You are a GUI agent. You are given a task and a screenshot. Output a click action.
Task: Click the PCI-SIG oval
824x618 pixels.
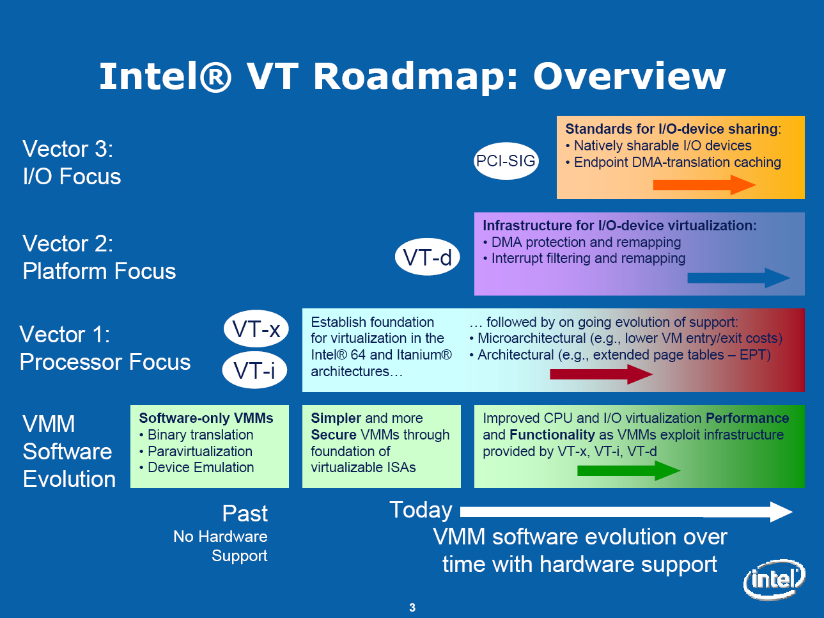coord(506,161)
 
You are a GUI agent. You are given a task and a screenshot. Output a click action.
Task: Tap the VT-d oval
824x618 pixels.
coord(427,257)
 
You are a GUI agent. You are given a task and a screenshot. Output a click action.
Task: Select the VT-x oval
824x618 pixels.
coord(256,329)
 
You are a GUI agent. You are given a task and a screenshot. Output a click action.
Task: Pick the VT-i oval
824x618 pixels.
coord(254,370)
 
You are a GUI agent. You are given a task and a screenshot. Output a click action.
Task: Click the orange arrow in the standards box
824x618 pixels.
coord(704,185)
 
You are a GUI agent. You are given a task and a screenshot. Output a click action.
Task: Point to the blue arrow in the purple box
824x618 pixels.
coord(738,278)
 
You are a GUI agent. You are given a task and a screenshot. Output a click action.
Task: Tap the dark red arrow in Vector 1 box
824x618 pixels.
coord(601,374)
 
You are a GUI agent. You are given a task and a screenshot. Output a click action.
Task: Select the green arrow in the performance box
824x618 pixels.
coord(628,471)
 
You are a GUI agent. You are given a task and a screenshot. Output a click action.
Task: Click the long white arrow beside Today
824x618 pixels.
coord(626,511)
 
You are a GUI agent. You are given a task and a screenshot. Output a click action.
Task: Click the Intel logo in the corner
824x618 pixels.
coord(774,580)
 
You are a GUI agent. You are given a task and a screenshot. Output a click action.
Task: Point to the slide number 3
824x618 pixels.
coord(412,608)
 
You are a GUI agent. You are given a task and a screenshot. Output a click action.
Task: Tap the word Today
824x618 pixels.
coord(421,510)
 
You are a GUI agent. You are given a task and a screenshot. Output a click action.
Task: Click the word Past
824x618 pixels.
coord(245,513)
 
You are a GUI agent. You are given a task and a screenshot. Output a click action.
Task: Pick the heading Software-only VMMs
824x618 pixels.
coord(206,418)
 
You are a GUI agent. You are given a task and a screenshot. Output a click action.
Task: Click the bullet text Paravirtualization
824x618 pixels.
coord(199,451)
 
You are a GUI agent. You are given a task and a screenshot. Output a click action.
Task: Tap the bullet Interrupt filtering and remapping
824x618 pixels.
coord(587,258)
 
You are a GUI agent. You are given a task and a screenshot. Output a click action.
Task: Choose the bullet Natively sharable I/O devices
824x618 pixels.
coord(662,146)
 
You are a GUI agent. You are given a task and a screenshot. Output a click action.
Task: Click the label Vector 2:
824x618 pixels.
coord(68,244)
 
